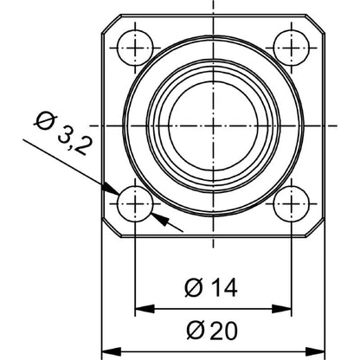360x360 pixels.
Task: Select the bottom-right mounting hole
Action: [x=291, y=204]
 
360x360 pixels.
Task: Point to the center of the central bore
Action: [x=213, y=124]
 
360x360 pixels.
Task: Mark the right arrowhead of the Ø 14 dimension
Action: [x=283, y=308]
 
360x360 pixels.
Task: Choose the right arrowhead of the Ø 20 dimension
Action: [x=316, y=352]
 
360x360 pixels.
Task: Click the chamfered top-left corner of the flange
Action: [x=108, y=20]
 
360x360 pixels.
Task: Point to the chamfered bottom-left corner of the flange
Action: [x=108, y=229]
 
